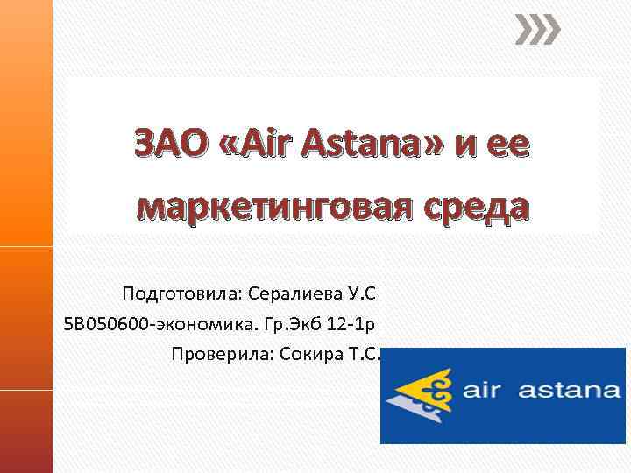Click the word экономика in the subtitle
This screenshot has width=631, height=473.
click(201, 325)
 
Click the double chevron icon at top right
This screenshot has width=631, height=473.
click(536, 32)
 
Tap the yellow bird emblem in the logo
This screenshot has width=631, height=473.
click(429, 392)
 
